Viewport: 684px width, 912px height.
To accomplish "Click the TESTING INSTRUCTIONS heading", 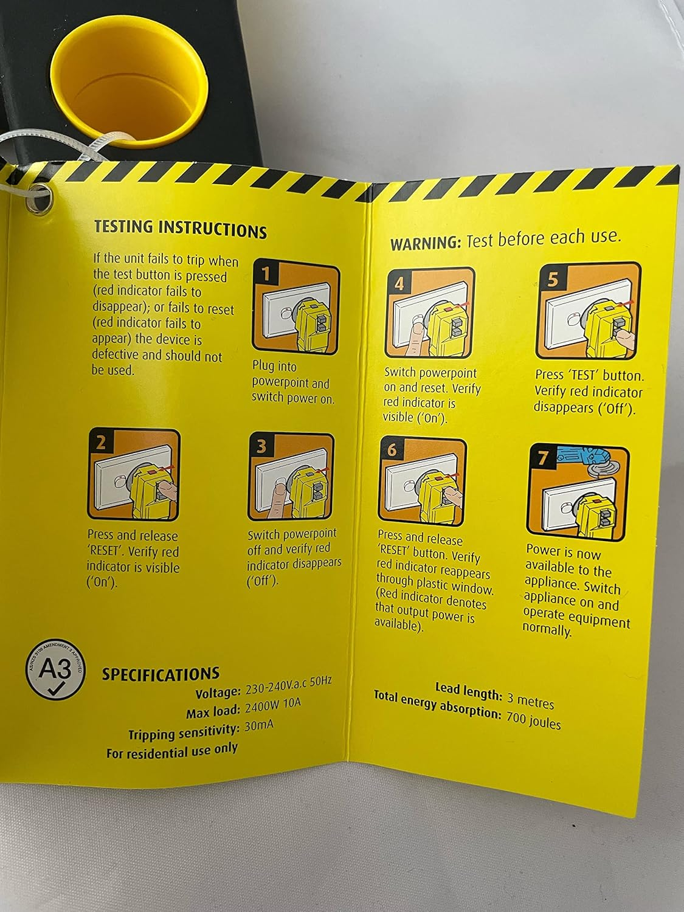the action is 180,229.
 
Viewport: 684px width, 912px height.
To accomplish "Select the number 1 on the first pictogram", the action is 265,274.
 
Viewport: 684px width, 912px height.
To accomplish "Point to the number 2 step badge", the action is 100,442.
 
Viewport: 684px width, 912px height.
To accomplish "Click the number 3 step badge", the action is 261,446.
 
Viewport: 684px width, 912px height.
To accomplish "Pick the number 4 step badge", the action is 399,283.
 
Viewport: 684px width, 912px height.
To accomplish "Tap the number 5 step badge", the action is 552,279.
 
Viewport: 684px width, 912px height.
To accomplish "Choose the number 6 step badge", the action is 392,449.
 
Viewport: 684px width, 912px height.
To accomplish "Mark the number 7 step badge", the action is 542,458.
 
